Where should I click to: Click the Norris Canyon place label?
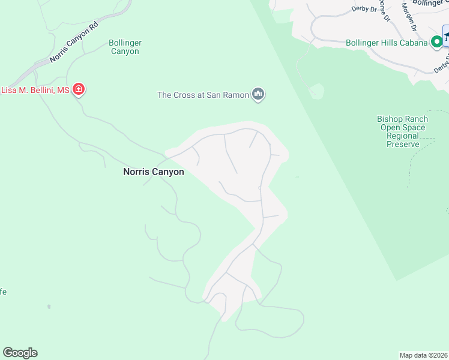(x=153, y=172)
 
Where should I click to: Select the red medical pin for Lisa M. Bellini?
(x=78, y=90)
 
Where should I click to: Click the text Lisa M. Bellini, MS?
(x=35, y=90)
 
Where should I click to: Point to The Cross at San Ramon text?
(x=203, y=95)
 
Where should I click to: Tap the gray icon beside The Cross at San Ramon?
(x=259, y=94)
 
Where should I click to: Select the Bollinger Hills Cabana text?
(x=387, y=43)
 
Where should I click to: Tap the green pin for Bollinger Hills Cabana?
(x=437, y=42)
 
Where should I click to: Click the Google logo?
(x=20, y=353)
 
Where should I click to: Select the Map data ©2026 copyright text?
(x=424, y=355)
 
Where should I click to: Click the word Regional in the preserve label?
(x=403, y=136)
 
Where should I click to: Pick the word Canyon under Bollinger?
(x=125, y=52)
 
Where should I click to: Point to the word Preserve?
(x=403, y=145)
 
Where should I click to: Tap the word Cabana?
(x=414, y=43)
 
